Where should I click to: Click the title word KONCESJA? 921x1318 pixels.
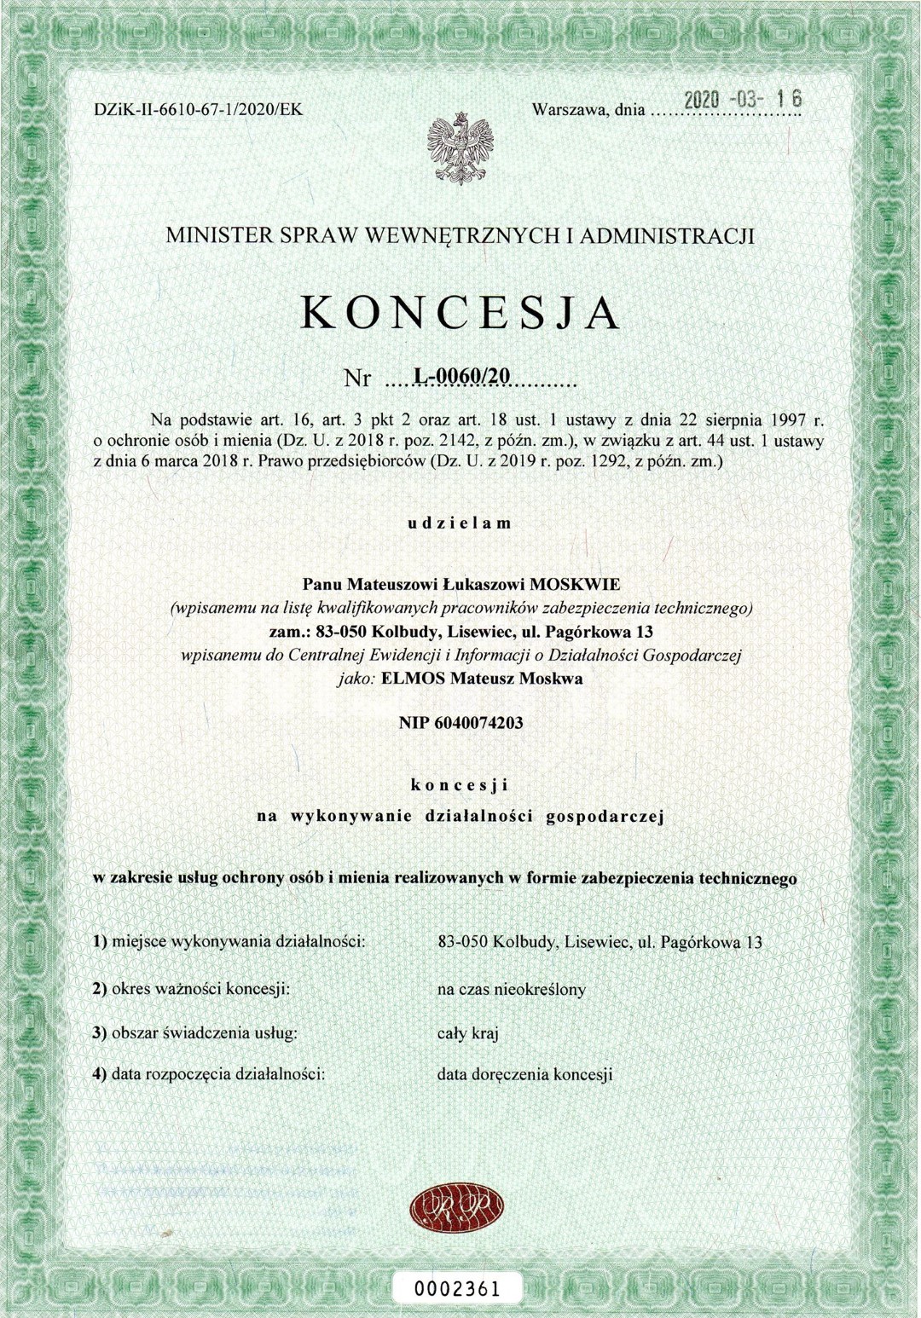click(460, 313)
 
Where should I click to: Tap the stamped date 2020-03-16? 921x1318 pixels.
click(744, 101)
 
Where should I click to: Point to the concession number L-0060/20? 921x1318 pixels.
click(461, 375)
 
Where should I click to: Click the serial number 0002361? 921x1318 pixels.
click(457, 1287)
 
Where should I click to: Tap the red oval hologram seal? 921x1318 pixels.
click(457, 1208)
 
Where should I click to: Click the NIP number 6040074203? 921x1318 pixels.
click(460, 723)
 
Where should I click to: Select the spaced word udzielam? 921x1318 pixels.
click(460, 523)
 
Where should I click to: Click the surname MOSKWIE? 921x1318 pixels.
click(575, 585)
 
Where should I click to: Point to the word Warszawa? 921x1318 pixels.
click(565, 110)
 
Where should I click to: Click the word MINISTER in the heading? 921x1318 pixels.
click(221, 236)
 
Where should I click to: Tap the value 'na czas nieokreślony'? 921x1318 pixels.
click(511, 989)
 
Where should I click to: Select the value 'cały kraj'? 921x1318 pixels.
click(467, 1033)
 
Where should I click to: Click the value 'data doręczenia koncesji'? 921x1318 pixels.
click(524, 1074)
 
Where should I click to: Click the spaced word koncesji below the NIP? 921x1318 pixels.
click(460, 784)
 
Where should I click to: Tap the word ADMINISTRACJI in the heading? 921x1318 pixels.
click(667, 236)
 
